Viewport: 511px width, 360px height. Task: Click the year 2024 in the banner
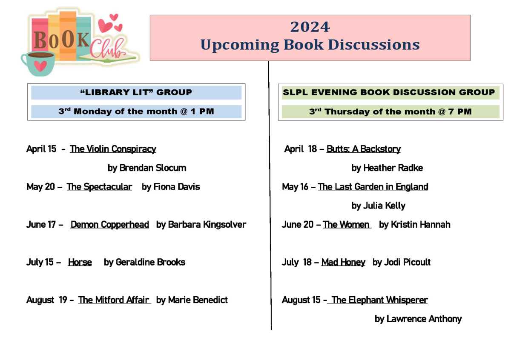[x=310, y=27]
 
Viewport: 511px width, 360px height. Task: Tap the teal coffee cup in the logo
[x=39, y=63]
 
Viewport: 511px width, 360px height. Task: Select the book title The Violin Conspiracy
[x=113, y=149]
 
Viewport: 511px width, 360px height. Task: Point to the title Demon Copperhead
[x=110, y=225]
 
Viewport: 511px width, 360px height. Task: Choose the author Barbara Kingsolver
[x=207, y=225]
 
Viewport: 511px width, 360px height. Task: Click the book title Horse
[x=80, y=262]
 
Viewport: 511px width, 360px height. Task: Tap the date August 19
[x=47, y=300]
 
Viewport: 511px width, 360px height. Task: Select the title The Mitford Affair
[x=114, y=300]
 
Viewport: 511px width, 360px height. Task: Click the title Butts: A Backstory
[x=364, y=149]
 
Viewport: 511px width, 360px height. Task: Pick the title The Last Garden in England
[x=373, y=187]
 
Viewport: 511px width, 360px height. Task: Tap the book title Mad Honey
[x=343, y=262]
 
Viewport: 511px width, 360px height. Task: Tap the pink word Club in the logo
[x=107, y=49]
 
